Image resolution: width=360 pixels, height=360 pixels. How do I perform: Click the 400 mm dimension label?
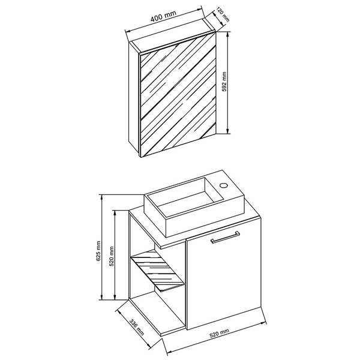(163, 16)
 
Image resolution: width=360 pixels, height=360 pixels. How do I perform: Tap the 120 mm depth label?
(223, 14)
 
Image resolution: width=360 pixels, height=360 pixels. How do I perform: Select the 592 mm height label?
(224, 82)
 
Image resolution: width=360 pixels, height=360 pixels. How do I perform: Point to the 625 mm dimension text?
(98, 251)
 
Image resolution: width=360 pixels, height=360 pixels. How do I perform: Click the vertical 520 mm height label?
(112, 256)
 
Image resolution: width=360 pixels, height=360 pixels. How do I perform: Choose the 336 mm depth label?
(137, 327)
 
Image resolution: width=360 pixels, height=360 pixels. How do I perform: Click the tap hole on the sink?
(223, 185)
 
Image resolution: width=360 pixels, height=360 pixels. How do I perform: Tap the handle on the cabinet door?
(225, 237)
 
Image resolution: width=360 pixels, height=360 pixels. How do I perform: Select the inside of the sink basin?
(185, 196)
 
